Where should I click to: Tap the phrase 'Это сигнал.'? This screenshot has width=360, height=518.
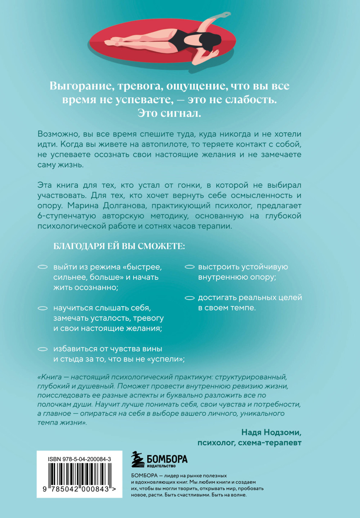[169, 113]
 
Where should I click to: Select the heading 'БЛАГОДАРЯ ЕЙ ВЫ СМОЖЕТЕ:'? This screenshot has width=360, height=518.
[119, 246]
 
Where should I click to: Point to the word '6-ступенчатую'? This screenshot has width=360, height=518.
[67, 216]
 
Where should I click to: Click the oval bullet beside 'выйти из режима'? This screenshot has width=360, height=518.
[43, 267]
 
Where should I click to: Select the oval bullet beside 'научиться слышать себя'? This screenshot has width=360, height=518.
[43, 308]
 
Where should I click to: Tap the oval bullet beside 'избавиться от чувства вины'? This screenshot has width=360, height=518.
[43, 349]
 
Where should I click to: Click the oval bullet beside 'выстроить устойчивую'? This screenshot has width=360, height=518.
[190, 267]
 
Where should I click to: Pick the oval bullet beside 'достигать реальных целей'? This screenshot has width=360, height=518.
[190, 298]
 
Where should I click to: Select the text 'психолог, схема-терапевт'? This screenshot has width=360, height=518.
[249, 443]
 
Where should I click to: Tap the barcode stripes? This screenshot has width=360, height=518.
[79, 474]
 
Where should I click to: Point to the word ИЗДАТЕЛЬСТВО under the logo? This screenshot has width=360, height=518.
[161, 466]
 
